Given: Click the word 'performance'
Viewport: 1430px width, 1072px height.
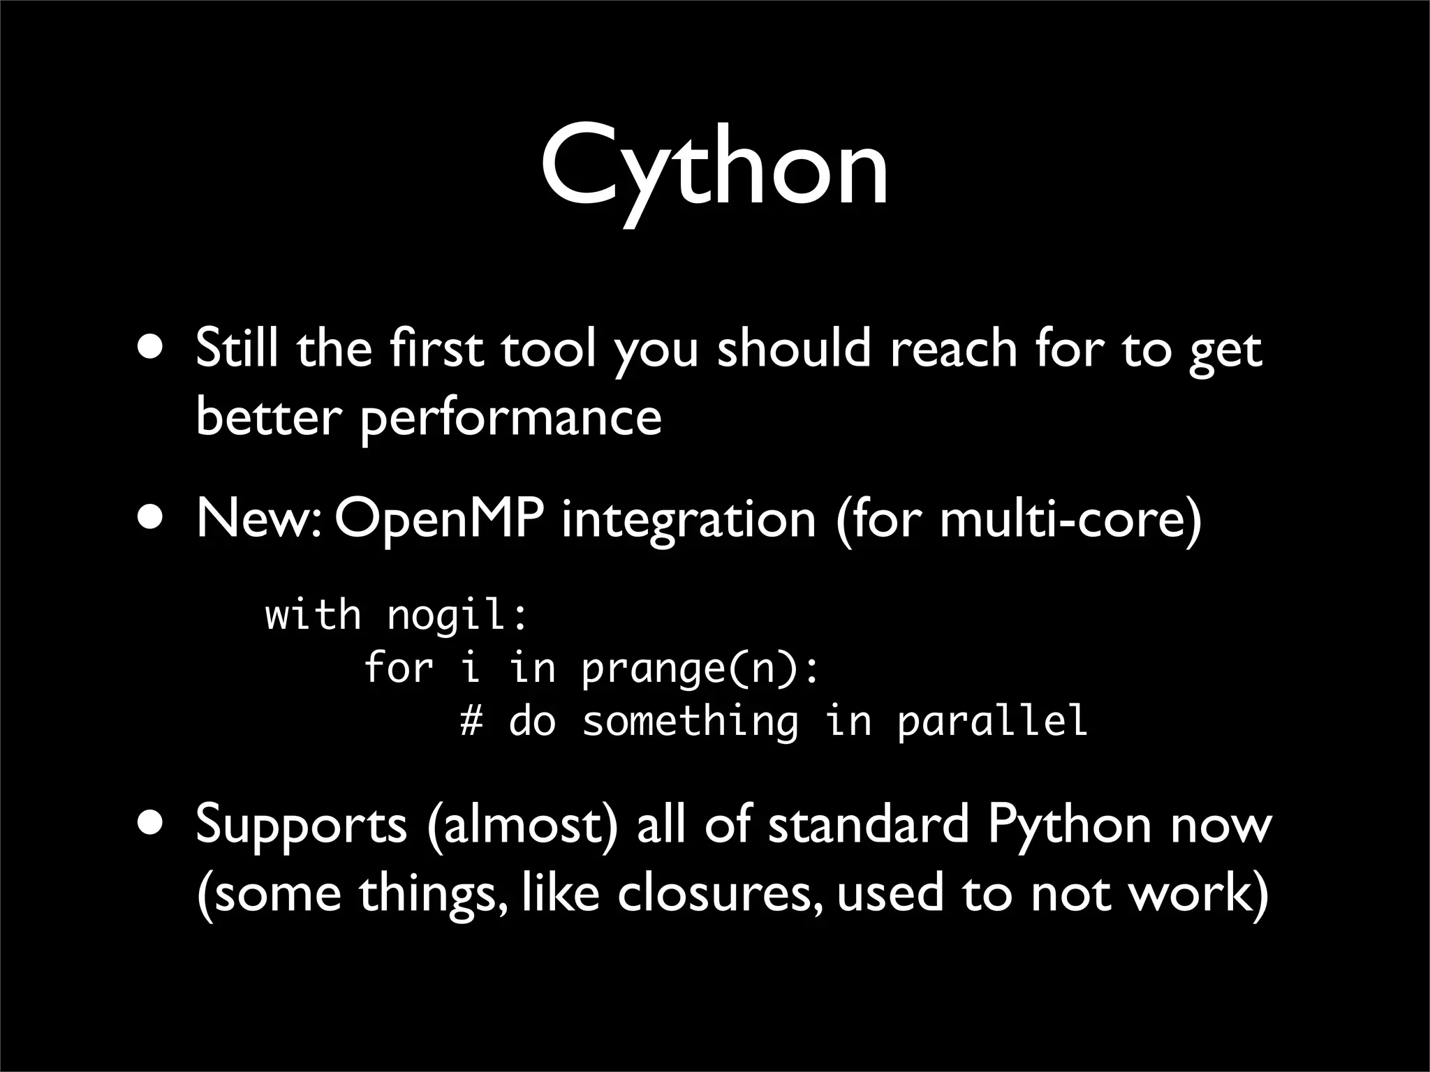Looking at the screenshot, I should coord(510,419).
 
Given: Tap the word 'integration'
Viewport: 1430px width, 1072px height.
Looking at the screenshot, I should coord(688,521).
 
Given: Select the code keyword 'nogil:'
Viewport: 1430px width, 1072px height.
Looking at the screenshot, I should coord(457,616).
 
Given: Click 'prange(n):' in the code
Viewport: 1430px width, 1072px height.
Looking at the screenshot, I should coord(700,669).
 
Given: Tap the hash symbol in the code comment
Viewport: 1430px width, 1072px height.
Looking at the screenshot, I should coord(471,721).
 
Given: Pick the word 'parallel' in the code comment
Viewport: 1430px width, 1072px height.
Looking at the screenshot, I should coord(992,721).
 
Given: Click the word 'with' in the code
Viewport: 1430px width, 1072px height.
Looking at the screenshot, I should coord(313,616).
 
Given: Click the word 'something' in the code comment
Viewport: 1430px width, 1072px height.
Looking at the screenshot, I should coord(690,721).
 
